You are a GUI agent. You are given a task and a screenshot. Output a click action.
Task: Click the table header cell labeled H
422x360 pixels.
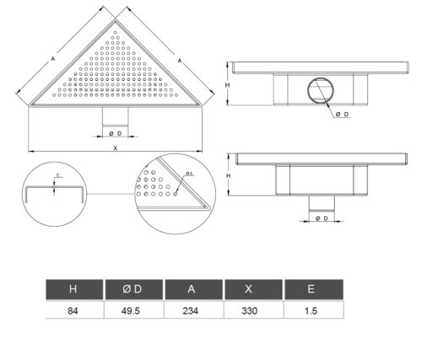tap(74, 289)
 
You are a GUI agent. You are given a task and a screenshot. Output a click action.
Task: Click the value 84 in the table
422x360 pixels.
tap(73, 311)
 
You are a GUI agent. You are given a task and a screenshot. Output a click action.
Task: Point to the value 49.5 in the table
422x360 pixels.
tap(131, 311)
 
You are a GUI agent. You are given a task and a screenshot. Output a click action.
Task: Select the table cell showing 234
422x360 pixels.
tap(191, 311)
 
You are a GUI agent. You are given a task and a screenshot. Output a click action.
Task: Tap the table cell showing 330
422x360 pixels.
tap(250, 311)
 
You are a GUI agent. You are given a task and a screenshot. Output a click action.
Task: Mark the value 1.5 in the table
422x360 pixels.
tap(311, 311)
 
